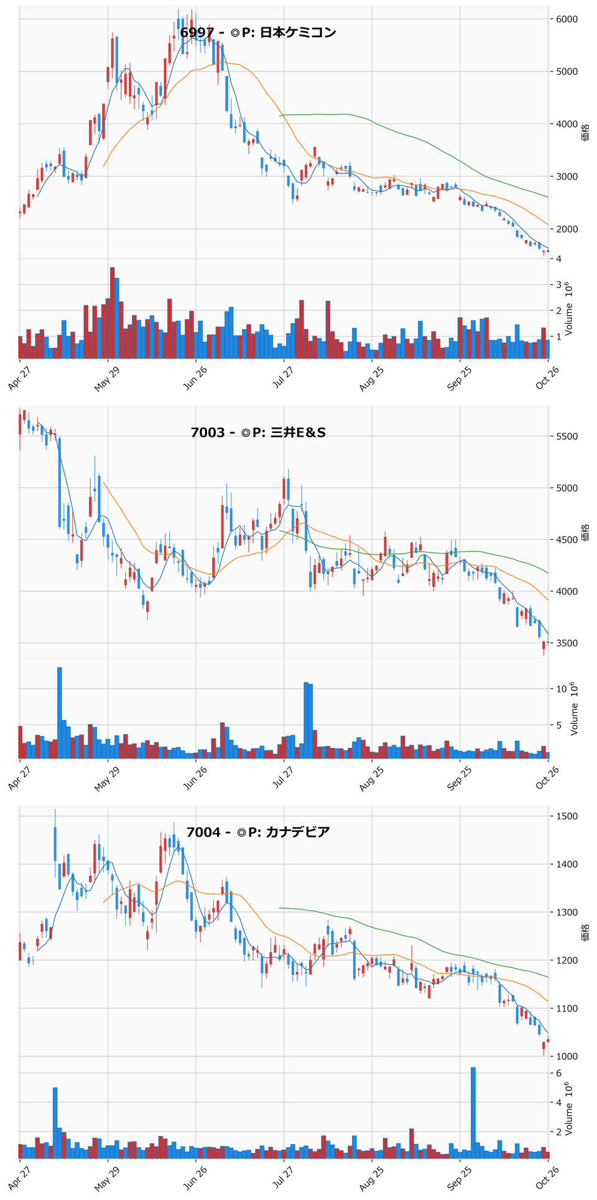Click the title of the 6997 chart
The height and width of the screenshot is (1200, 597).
258,32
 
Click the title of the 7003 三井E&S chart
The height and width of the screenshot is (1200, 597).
258,432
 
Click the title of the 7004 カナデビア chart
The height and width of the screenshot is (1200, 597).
258,832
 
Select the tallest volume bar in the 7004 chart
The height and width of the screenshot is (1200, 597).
473,1112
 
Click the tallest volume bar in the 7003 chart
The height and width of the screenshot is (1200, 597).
60,713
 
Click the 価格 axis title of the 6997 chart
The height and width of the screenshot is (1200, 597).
586,133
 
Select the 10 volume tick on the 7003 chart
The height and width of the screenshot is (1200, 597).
559,689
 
